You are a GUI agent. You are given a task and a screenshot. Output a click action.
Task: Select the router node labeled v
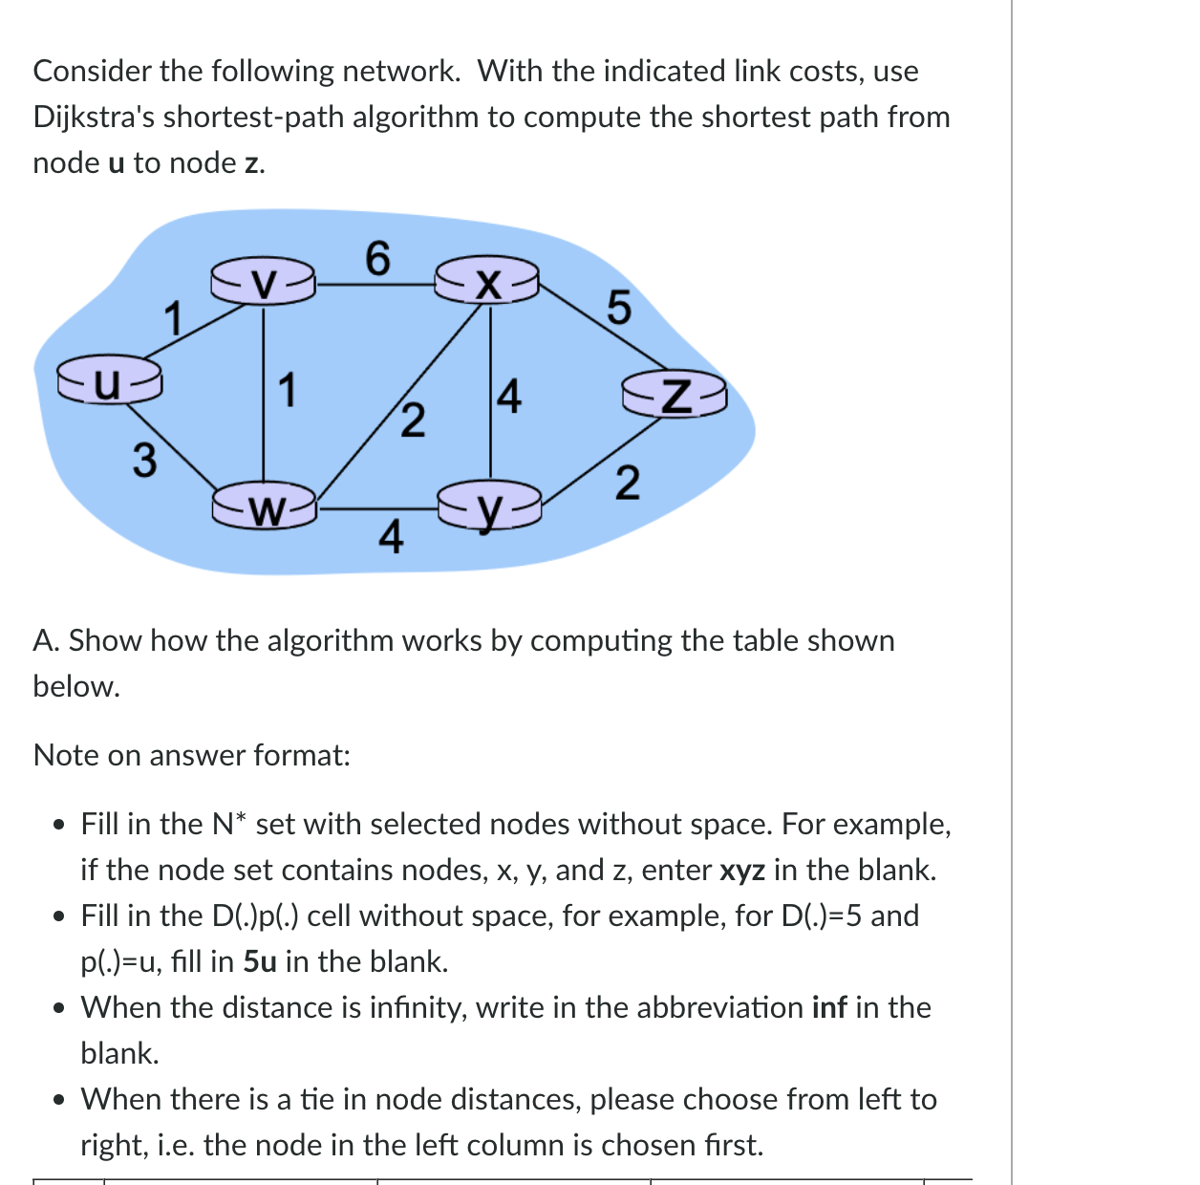[x=264, y=282]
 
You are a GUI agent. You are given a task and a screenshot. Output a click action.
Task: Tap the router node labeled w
[x=265, y=506]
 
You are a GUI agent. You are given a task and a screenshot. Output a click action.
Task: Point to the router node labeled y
[x=489, y=507]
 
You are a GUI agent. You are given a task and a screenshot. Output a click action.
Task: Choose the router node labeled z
[x=675, y=395]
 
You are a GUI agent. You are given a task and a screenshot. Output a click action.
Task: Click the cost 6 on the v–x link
[x=377, y=258]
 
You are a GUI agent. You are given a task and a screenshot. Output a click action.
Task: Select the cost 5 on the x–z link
[x=618, y=308]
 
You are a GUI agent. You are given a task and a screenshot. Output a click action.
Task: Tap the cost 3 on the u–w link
[x=143, y=460]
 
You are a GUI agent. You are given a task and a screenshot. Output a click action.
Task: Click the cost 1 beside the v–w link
[x=286, y=391]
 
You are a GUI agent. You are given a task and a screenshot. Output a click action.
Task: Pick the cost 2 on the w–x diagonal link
[x=412, y=420]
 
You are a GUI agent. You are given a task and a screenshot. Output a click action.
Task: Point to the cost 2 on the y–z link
[x=626, y=483]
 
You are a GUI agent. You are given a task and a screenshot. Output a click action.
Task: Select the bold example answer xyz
[x=741, y=870]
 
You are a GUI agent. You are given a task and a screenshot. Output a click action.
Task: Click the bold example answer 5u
[x=260, y=961]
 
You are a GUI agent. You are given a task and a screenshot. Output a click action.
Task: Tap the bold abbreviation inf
[x=828, y=1007]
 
